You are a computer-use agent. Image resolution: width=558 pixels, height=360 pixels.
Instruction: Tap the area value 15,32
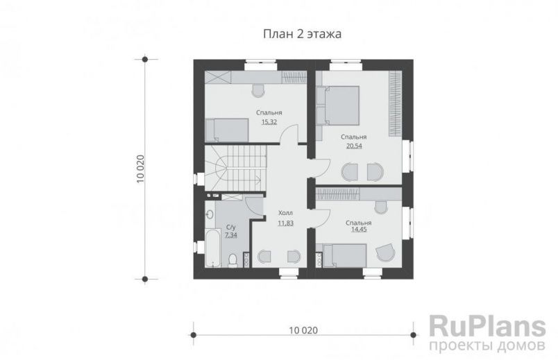[269, 121]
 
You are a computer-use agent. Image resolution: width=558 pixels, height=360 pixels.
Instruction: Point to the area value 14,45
[359, 231]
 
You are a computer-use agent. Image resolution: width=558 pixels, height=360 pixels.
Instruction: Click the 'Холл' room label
[285, 214]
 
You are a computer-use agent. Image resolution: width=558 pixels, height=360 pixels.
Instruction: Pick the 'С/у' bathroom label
[230, 228]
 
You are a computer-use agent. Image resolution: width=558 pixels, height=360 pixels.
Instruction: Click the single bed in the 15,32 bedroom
[230, 129]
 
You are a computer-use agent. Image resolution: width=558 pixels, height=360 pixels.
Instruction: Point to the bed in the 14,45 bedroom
[343, 256]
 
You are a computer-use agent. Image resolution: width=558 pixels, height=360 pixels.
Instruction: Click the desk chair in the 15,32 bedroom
[258, 89]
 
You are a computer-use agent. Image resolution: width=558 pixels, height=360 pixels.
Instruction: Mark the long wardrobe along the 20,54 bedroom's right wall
[395, 104]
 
